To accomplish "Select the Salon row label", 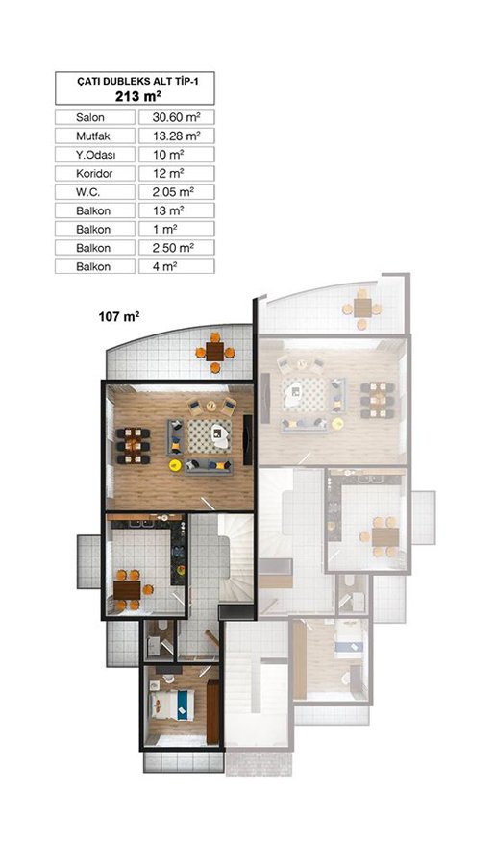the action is click(90, 117).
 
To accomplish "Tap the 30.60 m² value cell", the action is click(176, 117).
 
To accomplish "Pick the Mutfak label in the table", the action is click(93, 136).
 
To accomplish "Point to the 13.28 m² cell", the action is click(176, 136).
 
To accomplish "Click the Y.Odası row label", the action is click(96, 155).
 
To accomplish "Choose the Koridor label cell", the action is click(94, 173).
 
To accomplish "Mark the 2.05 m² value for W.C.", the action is click(173, 192).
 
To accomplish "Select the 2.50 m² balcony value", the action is click(173, 248).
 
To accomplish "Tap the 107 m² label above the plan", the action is click(118, 316).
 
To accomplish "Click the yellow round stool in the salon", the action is click(176, 465).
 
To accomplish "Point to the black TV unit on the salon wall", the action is click(248, 439).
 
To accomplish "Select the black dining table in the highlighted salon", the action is click(133, 446).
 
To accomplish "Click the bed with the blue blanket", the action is click(172, 704).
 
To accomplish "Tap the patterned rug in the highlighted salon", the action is click(210, 436).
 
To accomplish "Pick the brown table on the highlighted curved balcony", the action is click(214, 351).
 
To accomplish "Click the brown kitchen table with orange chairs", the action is click(128, 590).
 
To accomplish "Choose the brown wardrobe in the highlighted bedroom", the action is click(213, 711).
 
